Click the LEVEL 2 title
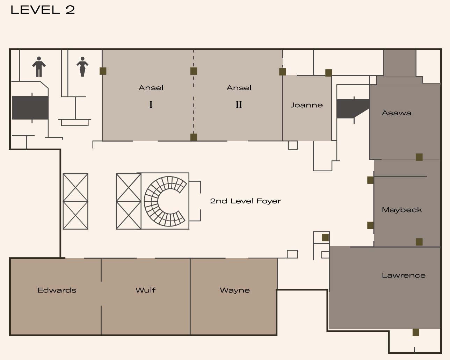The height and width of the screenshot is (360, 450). point(43,10)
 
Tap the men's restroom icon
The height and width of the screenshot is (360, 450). point(39,67)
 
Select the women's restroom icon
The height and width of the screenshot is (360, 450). point(82,67)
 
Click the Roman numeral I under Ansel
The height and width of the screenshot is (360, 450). point(151,105)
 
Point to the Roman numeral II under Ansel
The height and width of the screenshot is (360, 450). point(239,105)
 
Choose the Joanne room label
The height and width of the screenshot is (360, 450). point(307,105)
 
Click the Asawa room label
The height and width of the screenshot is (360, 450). point(397,113)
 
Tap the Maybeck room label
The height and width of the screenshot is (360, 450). point(402,210)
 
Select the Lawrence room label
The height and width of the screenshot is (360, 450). point(404,275)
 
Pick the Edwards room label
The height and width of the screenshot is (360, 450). point(57,290)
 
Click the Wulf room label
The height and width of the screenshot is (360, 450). point(146,290)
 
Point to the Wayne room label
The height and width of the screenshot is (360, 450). point(235,290)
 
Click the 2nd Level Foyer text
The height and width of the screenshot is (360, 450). point(245,201)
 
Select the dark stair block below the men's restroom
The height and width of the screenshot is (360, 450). point(30,108)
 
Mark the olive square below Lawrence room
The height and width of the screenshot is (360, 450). point(416,332)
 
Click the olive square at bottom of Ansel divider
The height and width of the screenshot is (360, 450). point(194,137)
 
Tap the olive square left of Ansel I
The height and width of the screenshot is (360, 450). point(103,71)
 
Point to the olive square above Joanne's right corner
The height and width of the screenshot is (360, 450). point(328,73)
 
